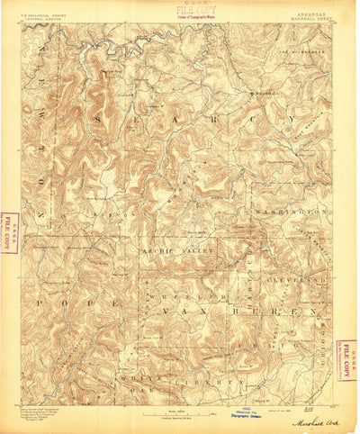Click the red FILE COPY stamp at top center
(180, 10)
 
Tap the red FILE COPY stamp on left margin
(10, 229)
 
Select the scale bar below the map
(180, 388)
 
